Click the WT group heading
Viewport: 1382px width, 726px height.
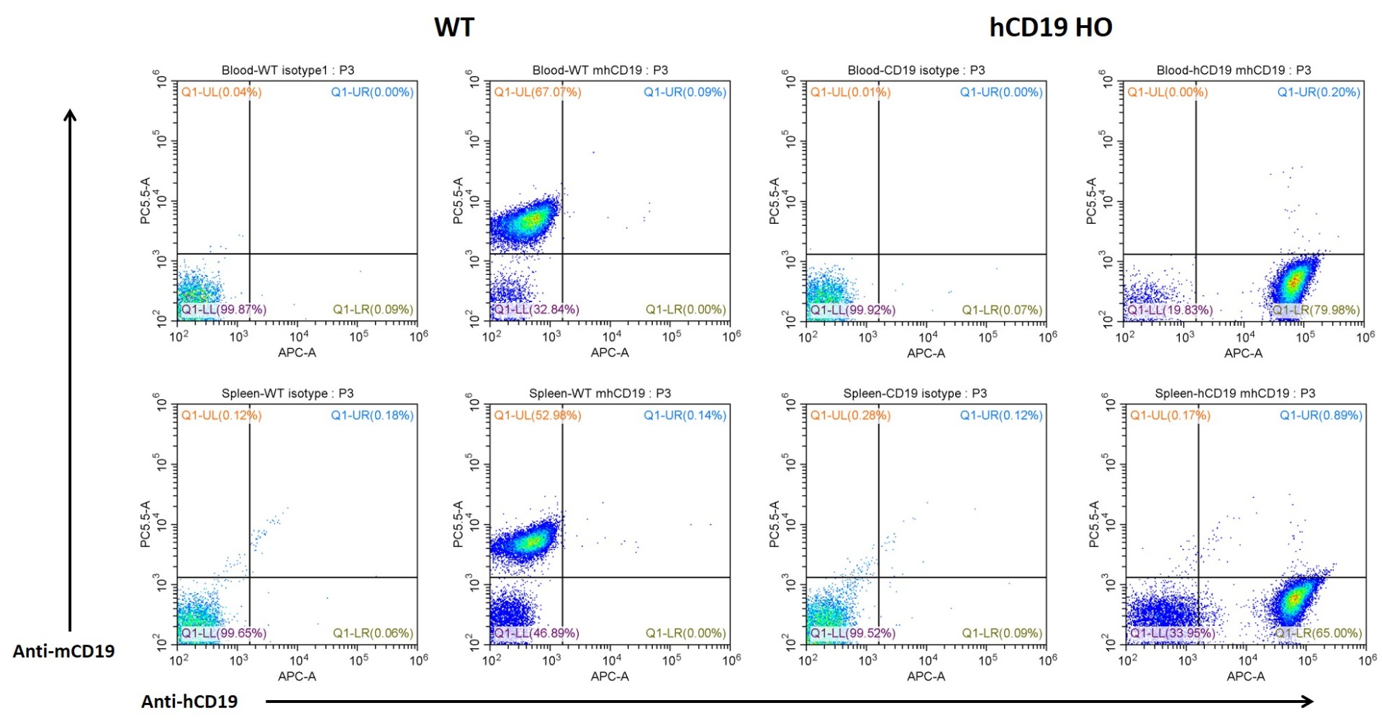tap(454, 27)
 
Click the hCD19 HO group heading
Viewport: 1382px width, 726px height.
tap(1050, 27)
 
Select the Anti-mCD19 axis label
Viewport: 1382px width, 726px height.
tap(63, 651)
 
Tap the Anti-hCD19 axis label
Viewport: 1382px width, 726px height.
tap(189, 702)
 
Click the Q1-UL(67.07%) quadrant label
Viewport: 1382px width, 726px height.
tap(538, 92)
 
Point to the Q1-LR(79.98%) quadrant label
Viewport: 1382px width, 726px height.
tap(1316, 310)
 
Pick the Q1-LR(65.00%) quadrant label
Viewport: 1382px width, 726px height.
tap(1318, 633)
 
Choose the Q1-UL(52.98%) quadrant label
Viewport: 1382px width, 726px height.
tap(538, 415)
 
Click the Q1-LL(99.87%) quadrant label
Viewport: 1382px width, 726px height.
tap(224, 309)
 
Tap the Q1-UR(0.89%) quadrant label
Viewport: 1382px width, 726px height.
tap(1321, 415)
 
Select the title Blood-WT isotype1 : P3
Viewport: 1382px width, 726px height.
tap(288, 71)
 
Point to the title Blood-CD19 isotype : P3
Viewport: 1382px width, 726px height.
tap(916, 71)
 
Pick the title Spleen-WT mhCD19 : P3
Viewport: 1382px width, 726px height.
tap(600, 394)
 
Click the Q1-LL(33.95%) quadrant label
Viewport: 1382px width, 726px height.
tap(1173, 633)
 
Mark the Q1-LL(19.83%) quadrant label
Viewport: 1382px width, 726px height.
tap(1170, 310)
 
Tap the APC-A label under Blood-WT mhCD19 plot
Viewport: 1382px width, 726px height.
tap(610, 353)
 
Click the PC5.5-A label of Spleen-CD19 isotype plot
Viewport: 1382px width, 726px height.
tap(774, 525)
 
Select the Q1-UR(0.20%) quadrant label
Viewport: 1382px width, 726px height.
tap(1319, 92)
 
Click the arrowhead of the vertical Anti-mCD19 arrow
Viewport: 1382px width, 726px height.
tap(70, 114)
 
